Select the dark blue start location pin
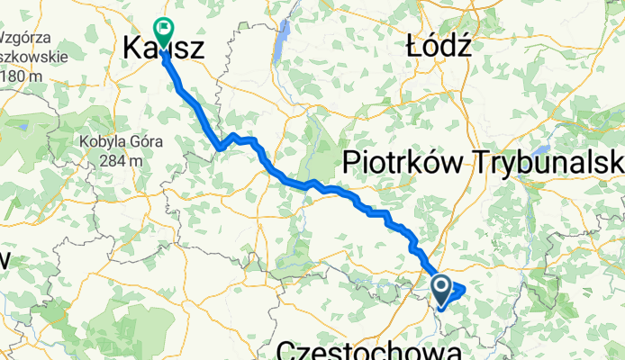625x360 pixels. tap(441, 287)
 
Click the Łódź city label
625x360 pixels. tap(439, 46)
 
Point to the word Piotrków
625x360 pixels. tap(406, 163)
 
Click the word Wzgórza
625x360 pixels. tap(24, 40)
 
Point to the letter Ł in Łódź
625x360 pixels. tap(415, 46)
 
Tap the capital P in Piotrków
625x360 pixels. tap(352, 163)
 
